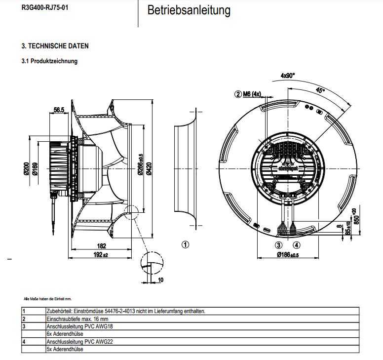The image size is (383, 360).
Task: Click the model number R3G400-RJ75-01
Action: [44, 8]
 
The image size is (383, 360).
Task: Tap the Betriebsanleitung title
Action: [189, 10]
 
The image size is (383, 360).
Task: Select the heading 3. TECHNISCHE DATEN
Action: [55, 46]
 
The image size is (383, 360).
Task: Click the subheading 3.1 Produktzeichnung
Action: [49, 61]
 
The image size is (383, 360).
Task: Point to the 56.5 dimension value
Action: [60, 110]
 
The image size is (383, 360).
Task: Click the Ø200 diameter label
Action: [26, 169]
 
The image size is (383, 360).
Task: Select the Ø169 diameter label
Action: [35, 169]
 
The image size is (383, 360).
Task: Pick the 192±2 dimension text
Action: [101, 254]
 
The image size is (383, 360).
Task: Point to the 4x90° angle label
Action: [287, 76]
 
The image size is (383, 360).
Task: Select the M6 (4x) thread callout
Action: [252, 94]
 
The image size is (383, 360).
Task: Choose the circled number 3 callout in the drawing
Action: [278, 245]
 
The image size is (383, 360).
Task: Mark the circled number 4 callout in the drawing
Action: [296, 245]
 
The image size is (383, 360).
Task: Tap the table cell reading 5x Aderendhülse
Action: [64, 349]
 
